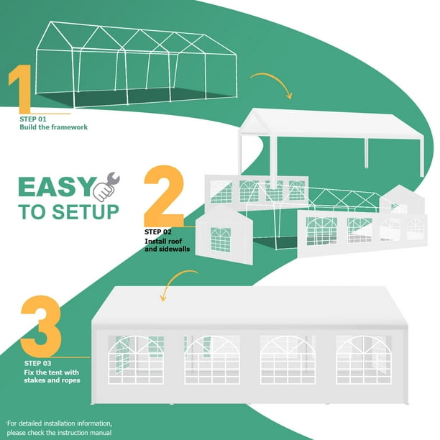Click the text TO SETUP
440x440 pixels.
(x=68, y=212)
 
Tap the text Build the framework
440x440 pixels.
(x=54, y=127)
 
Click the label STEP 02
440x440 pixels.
(x=158, y=232)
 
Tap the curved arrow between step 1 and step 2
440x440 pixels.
(x=272, y=83)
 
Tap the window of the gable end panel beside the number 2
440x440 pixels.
(x=220, y=239)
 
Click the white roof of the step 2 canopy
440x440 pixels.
(x=338, y=124)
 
